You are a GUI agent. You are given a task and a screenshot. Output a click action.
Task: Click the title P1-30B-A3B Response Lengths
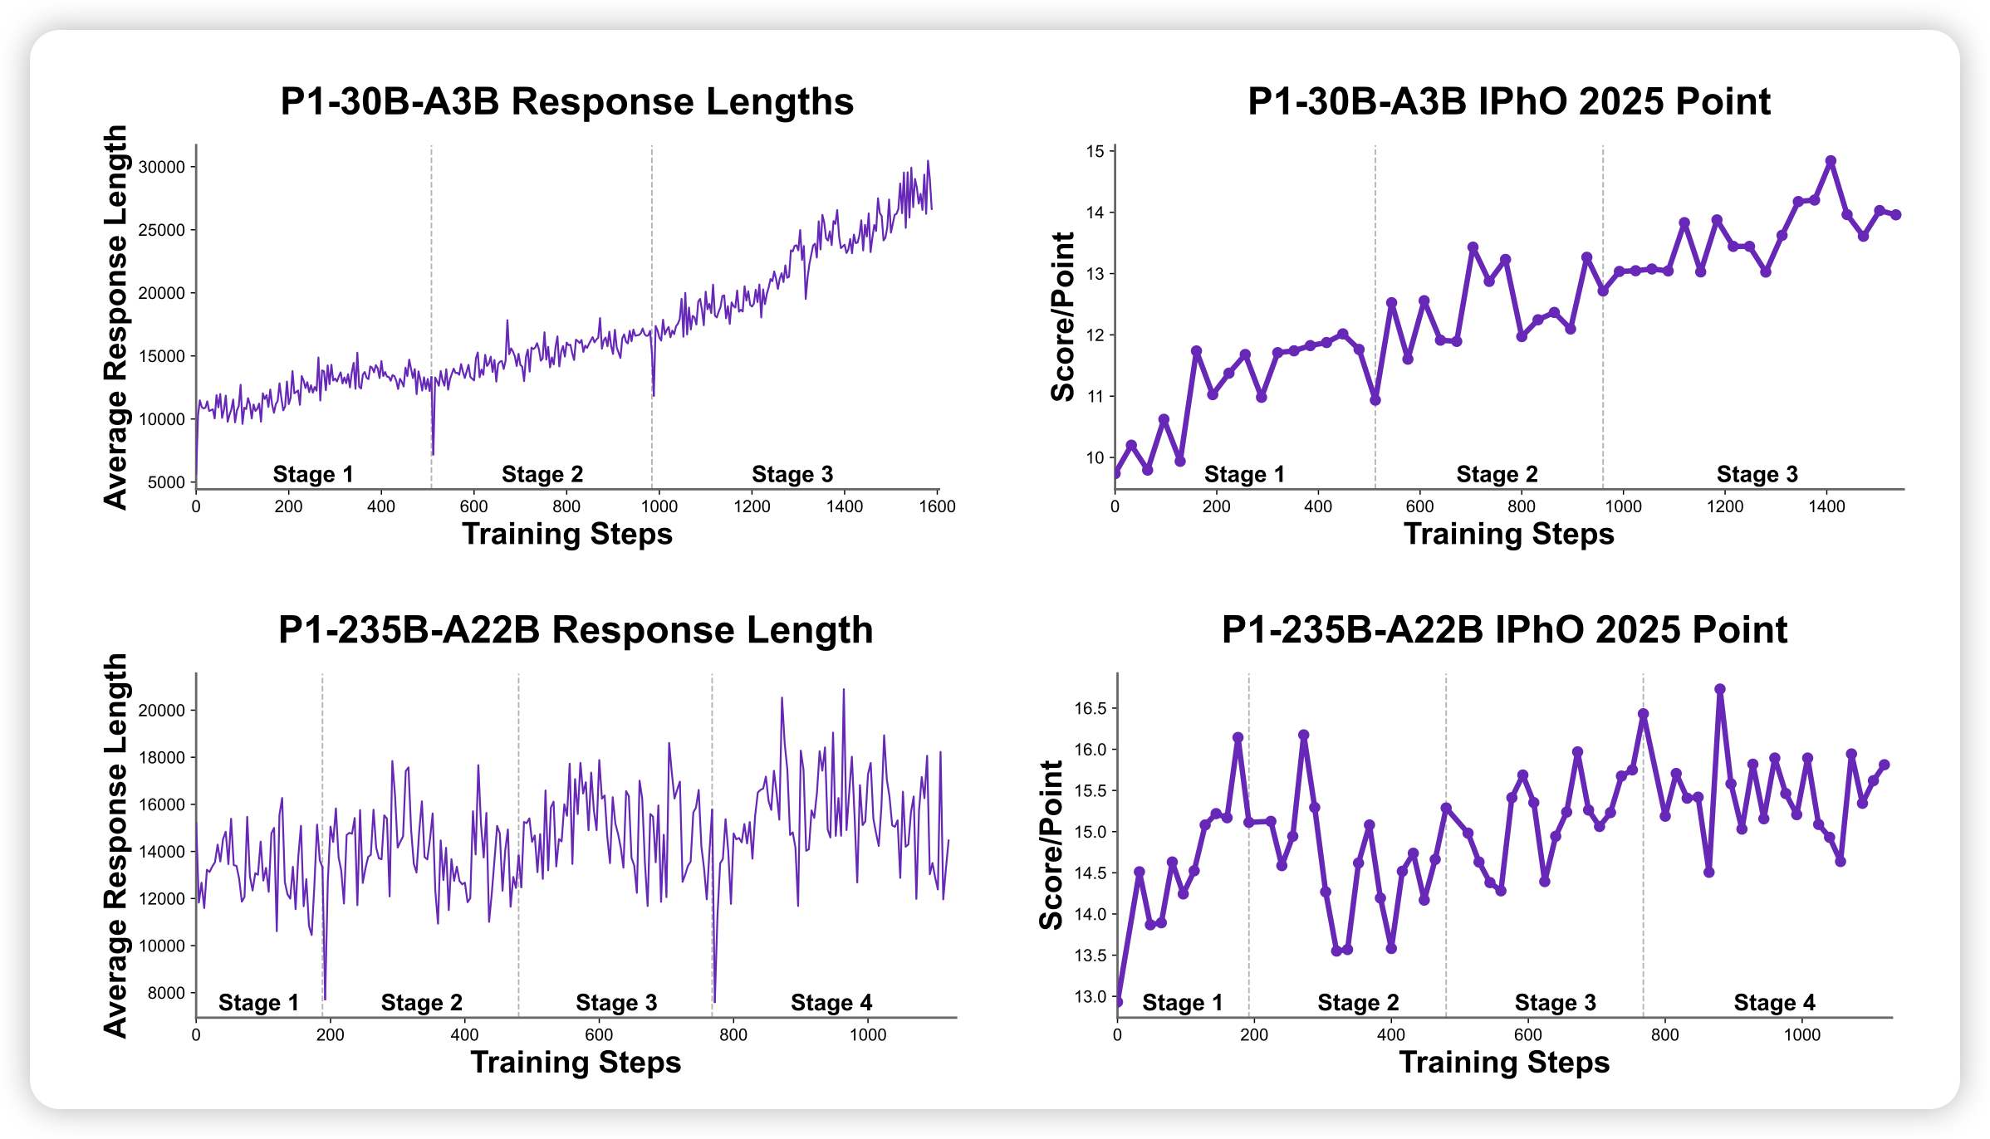pyautogui.click(x=566, y=102)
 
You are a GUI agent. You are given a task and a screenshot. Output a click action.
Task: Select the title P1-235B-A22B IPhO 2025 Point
pyautogui.click(x=1504, y=630)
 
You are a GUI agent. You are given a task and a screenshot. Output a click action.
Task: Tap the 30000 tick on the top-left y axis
pyautogui.click(x=162, y=167)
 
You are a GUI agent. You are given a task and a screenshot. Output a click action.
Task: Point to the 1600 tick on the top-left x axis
pyautogui.click(x=938, y=506)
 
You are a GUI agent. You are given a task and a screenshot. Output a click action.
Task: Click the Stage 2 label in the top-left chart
pyautogui.click(x=542, y=474)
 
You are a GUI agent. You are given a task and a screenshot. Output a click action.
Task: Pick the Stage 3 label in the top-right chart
pyautogui.click(x=1757, y=474)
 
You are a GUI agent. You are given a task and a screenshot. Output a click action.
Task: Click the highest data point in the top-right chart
pyautogui.click(x=1831, y=161)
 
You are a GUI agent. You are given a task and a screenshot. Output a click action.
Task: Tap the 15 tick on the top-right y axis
pyautogui.click(x=1095, y=151)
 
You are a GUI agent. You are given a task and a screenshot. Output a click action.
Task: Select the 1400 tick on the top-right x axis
pyautogui.click(x=1826, y=506)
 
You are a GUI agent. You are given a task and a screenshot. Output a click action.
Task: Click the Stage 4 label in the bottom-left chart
pyautogui.click(x=831, y=1003)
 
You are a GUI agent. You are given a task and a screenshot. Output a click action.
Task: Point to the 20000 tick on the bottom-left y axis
pyautogui.click(x=162, y=711)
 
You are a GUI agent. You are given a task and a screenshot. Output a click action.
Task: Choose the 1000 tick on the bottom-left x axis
pyautogui.click(x=868, y=1035)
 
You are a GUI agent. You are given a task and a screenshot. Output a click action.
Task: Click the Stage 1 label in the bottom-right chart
pyautogui.click(x=1182, y=1003)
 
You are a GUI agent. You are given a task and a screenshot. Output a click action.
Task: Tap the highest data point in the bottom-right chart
pyautogui.click(x=1720, y=689)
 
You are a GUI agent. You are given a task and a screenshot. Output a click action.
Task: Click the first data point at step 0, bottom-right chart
pyautogui.click(x=1118, y=1002)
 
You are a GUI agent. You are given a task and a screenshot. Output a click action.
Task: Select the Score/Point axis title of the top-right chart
pyautogui.click(x=1062, y=316)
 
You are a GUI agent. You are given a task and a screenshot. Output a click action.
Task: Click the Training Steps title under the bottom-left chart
pyautogui.click(x=576, y=1063)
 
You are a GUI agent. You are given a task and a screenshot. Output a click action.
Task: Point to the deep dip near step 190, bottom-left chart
pyautogui.click(x=325, y=999)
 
